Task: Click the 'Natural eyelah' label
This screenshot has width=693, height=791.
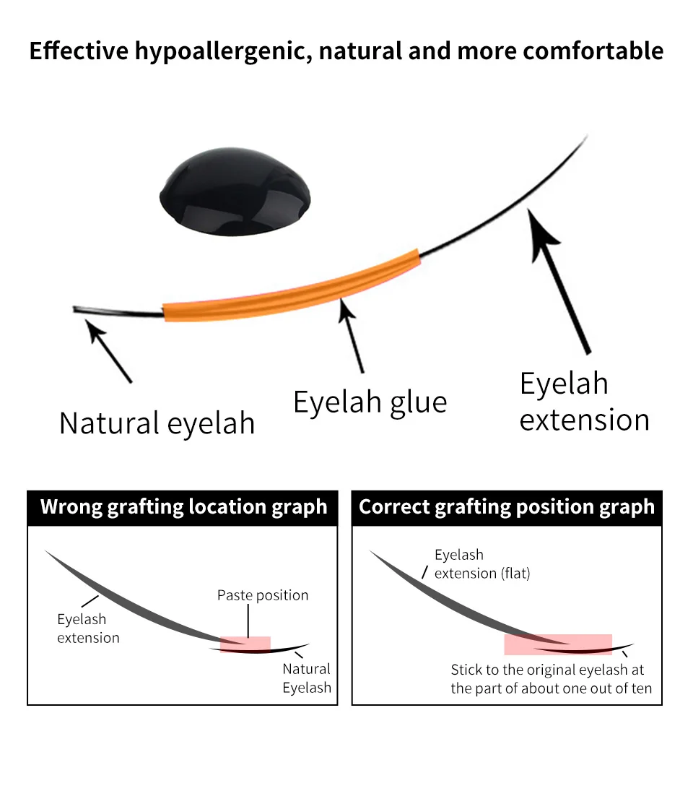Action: (x=157, y=423)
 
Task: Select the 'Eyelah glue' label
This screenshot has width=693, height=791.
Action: (x=370, y=402)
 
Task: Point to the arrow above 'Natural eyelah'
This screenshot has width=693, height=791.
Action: (x=109, y=352)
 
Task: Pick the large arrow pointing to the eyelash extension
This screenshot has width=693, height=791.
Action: (x=559, y=278)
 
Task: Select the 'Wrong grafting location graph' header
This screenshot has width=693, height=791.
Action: (x=183, y=507)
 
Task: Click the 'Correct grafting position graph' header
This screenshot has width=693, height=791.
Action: (x=507, y=507)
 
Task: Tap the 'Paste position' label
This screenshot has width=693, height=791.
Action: (x=263, y=595)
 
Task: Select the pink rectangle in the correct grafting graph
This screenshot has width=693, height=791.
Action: (x=558, y=644)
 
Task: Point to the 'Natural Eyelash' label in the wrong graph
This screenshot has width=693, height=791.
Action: (x=306, y=678)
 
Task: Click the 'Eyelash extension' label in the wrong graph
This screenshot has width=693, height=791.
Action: (x=88, y=628)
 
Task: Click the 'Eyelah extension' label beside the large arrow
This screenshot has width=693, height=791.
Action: (x=584, y=402)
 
